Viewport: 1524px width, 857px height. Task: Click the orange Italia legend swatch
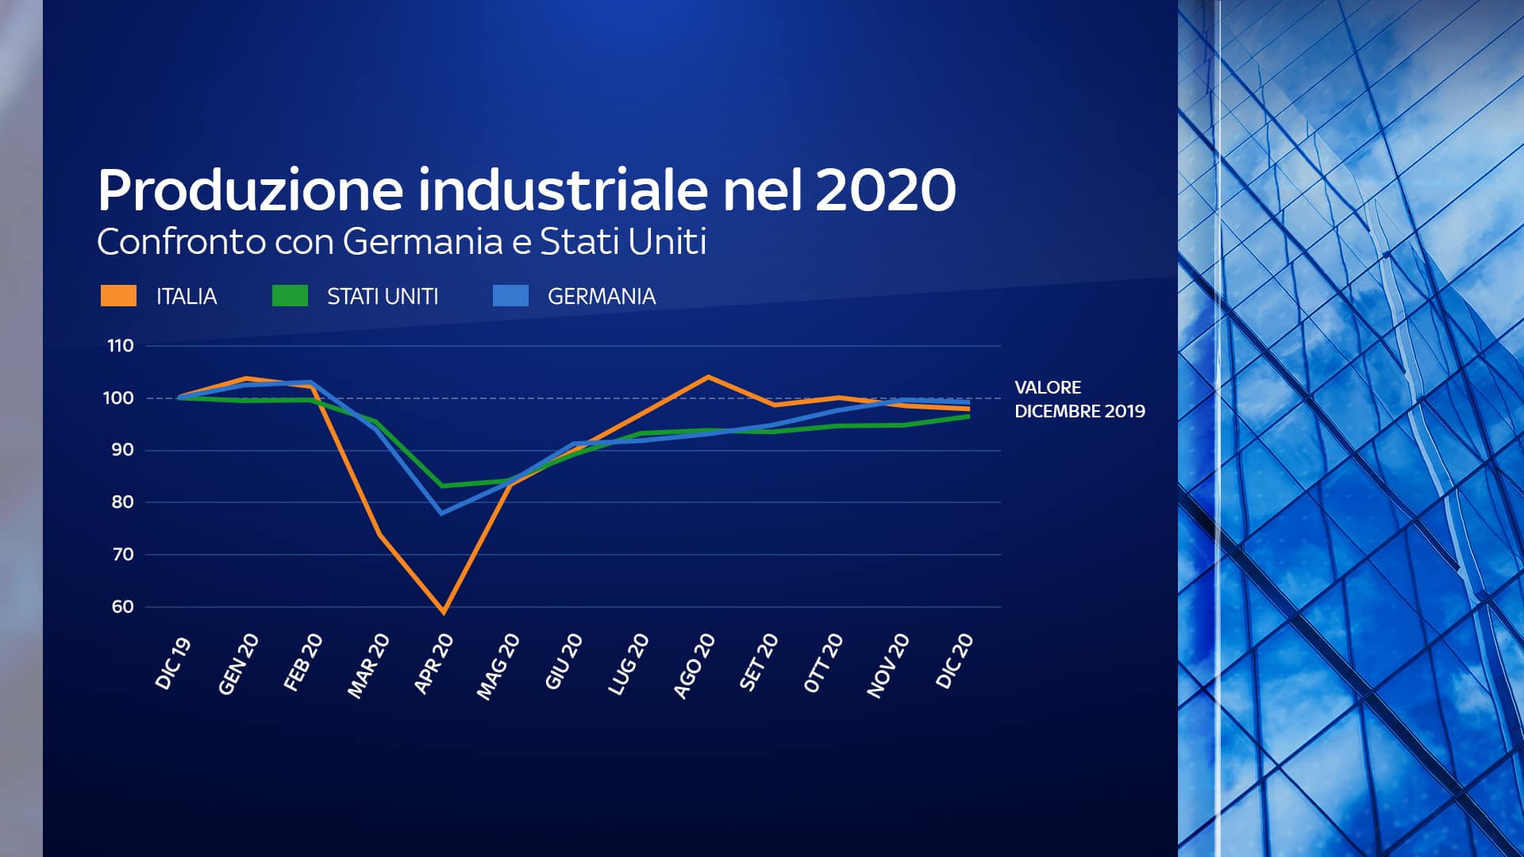[118, 296]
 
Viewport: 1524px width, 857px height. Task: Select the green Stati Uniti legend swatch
[290, 296]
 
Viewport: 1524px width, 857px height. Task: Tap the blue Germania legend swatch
[510, 296]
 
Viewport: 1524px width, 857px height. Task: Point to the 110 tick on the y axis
[121, 346]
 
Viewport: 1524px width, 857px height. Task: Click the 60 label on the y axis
[123, 607]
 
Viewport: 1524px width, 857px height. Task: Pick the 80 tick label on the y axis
[123, 502]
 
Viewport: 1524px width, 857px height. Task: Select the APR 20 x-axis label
[434, 664]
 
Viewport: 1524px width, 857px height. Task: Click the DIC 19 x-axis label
[173, 663]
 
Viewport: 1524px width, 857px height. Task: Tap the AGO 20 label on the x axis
[695, 666]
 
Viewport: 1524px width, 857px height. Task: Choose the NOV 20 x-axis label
[888, 666]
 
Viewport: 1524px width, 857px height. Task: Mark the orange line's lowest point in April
[444, 612]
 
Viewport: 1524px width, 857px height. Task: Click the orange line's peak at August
[708, 377]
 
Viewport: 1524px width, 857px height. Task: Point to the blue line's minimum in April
[441, 513]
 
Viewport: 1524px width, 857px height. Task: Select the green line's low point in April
[442, 486]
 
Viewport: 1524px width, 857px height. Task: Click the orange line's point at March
[379, 534]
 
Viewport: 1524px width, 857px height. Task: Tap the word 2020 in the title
[885, 190]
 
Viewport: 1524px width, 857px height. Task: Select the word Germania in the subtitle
[423, 241]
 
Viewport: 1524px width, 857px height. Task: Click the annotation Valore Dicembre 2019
[1079, 399]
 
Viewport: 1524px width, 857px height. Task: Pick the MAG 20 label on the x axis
[498, 667]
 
